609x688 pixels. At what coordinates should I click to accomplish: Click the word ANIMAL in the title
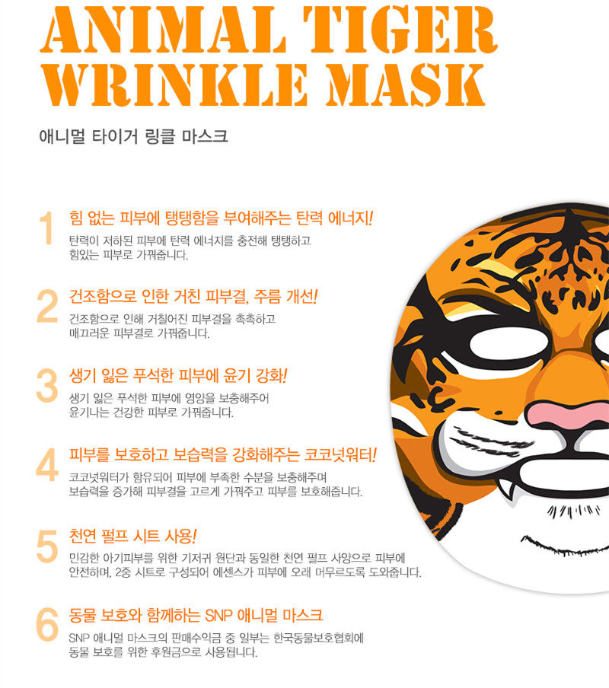[x=163, y=30]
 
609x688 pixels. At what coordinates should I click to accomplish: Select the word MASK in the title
[x=405, y=85]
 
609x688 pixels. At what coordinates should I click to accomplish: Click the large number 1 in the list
[x=46, y=228]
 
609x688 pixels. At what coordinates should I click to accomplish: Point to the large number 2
[x=47, y=306]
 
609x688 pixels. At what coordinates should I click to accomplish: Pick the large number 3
[x=47, y=385]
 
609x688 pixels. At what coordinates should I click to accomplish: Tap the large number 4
[x=47, y=465]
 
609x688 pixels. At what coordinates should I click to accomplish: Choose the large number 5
[x=47, y=546]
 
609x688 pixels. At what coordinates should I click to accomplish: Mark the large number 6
[x=47, y=625]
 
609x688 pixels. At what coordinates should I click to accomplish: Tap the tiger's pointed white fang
[x=505, y=488]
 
